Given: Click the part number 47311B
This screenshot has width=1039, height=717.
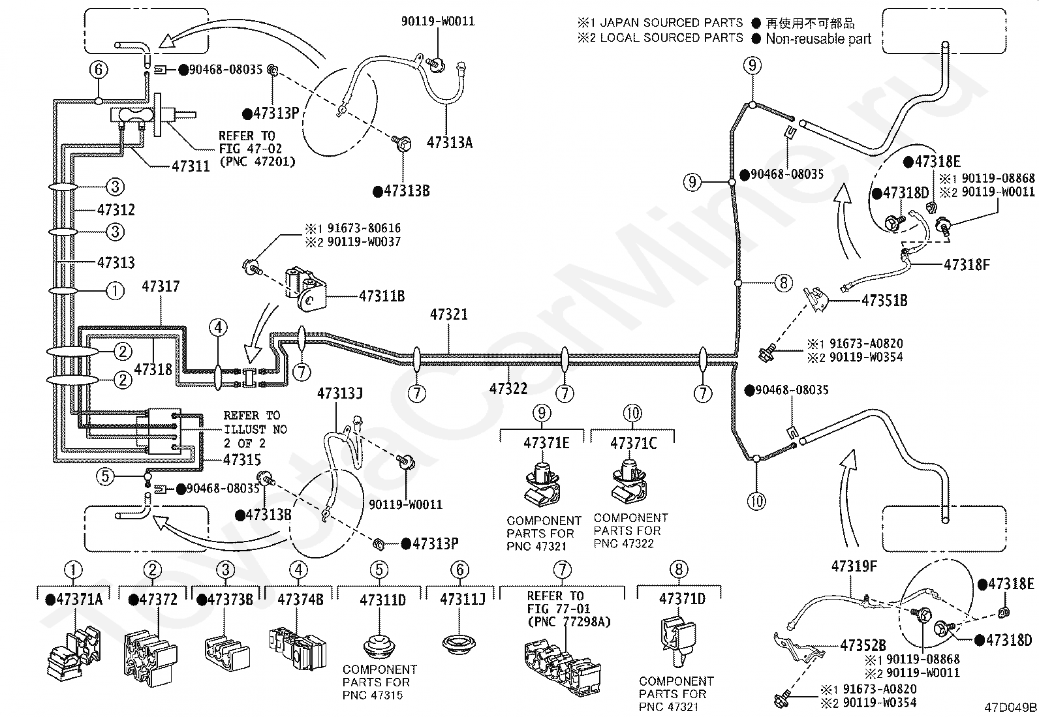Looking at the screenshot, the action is [x=382, y=296].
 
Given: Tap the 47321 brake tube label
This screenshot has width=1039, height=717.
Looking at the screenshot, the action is [x=448, y=314].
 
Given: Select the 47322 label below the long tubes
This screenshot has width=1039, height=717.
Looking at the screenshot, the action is [x=508, y=388].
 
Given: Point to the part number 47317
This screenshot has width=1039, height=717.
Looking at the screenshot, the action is [x=161, y=286].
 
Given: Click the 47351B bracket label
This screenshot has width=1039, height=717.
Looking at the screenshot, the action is [x=884, y=301].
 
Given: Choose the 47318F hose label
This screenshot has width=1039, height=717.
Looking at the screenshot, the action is [x=967, y=265].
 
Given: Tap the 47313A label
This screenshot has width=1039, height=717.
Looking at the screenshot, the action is [x=450, y=142].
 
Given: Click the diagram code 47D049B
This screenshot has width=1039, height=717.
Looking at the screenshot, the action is [x=1010, y=707].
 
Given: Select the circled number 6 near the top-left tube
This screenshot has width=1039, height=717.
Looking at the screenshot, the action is [x=99, y=70].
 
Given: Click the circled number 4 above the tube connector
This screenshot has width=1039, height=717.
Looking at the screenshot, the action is [x=219, y=328].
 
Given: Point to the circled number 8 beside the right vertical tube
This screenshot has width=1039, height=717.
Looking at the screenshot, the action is [x=784, y=282].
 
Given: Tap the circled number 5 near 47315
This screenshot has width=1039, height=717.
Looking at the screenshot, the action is [x=105, y=476].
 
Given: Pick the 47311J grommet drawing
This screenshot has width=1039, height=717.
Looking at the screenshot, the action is [x=459, y=643].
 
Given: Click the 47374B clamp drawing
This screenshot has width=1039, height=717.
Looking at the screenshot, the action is [x=298, y=648].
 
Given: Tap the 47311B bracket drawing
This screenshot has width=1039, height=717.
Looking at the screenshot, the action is [x=305, y=289].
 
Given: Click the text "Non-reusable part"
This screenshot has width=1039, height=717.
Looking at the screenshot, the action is [x=818, y=38].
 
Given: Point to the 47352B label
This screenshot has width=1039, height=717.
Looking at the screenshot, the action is [x=863, y=645].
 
